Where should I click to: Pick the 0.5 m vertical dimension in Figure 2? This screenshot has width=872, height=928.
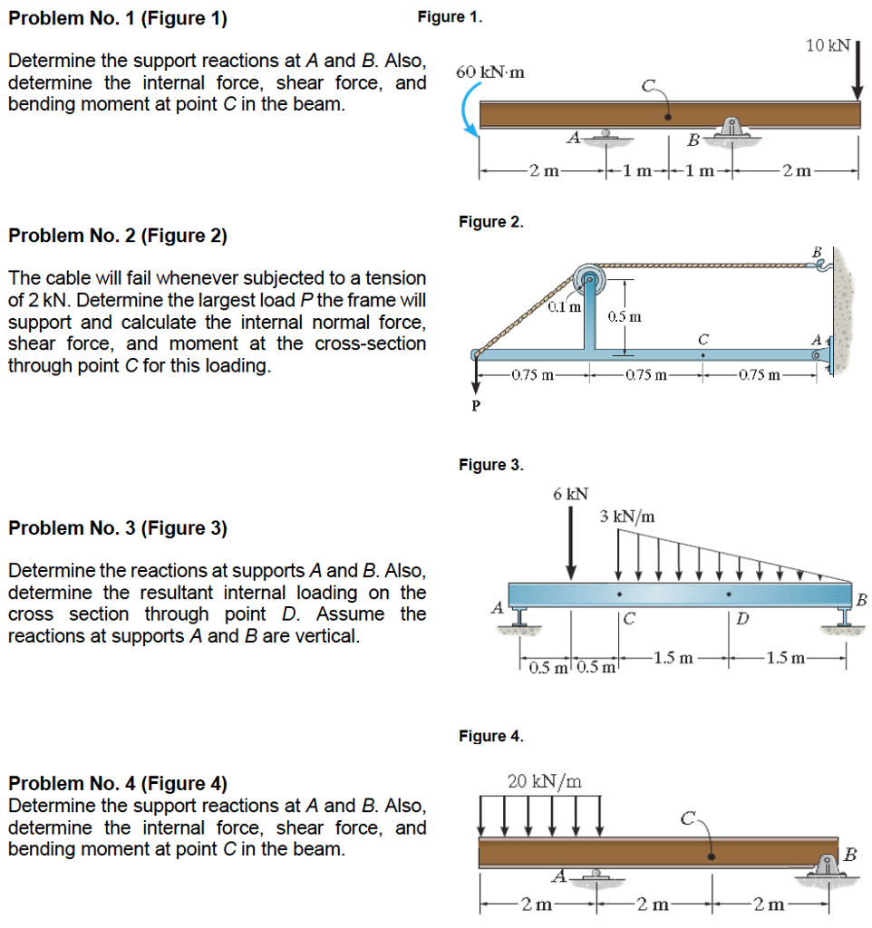625,316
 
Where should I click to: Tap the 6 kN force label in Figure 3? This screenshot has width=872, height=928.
570,494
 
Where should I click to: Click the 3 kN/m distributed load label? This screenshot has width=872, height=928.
627,517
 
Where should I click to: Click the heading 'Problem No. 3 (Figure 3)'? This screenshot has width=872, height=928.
118,528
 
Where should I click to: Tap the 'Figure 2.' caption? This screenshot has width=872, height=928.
490,222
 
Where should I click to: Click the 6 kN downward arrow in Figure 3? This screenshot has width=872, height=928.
571,543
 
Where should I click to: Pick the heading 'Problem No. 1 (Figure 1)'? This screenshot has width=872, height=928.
118,18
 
